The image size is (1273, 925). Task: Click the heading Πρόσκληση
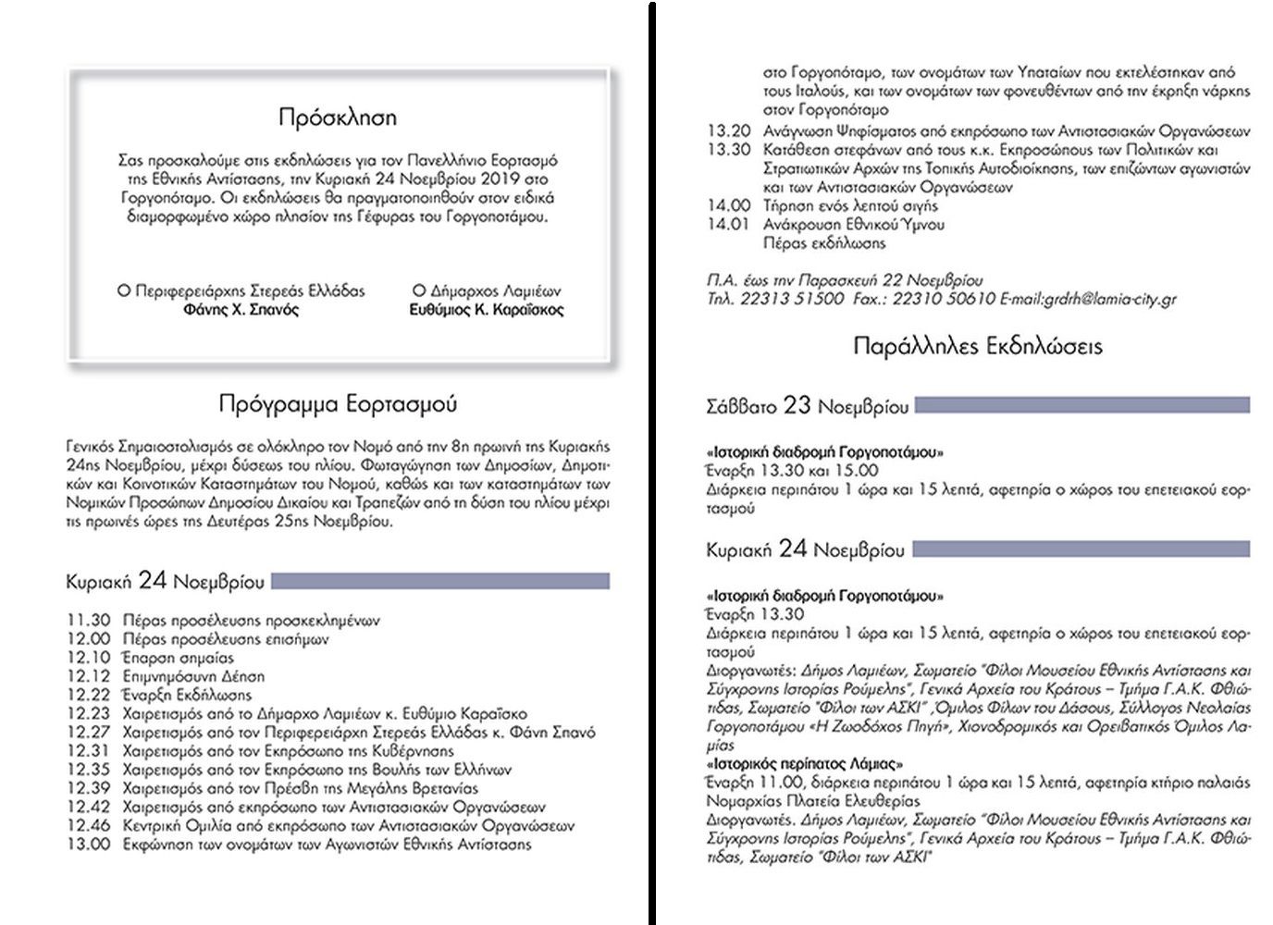point(338,117)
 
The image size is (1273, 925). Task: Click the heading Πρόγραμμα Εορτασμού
point(338,404)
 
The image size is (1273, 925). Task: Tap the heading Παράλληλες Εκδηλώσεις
point(978,347)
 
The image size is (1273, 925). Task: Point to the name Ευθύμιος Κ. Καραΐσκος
point(486,310)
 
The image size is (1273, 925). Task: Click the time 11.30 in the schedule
point(88,621)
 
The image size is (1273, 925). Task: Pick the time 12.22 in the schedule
point(88,695)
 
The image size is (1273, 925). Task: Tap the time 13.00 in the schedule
point(88,844)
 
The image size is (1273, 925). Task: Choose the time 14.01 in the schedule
point(728,224)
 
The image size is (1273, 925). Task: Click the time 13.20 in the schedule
point(728,130)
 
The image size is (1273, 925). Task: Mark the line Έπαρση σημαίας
point(179,658)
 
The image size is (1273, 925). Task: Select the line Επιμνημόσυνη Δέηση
point(193,676)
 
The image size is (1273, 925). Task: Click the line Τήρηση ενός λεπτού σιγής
point(837,205)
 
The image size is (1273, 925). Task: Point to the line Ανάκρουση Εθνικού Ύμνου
point(854,224)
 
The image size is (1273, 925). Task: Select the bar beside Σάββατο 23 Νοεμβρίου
point(1081,405)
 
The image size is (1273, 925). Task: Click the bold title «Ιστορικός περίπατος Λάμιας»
point(804,764)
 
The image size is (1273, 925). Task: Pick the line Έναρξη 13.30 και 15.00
point(792,471)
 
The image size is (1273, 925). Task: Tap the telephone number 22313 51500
point(792,299)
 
